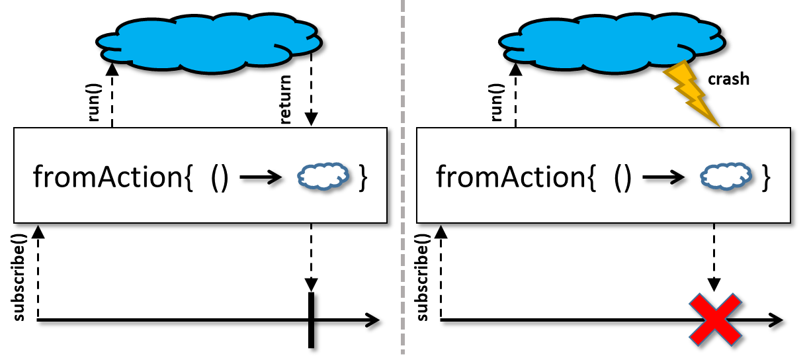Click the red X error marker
click(x=715, y=320)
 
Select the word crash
click(x=728, y=79)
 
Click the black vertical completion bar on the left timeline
click(x=312, y=320)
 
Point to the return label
click(x=285, y=99)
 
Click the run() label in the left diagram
click(x=95, y=103)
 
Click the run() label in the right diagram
click(x=497, y=103)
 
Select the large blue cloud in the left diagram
click(x=209, y=43)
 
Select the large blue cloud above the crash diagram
click(x=612, y=43)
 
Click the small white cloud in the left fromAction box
click(x=323, y=176)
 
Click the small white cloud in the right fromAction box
click(x=726, y=176)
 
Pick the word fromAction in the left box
click(x=108, y=177)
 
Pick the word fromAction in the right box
click(x=511, y=177)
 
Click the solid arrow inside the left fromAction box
click(x=261, y=177)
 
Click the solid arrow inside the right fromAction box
click(x=663, y=177)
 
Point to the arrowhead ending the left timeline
click(x=372, y=320)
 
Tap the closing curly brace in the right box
click(x=766, y=177)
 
